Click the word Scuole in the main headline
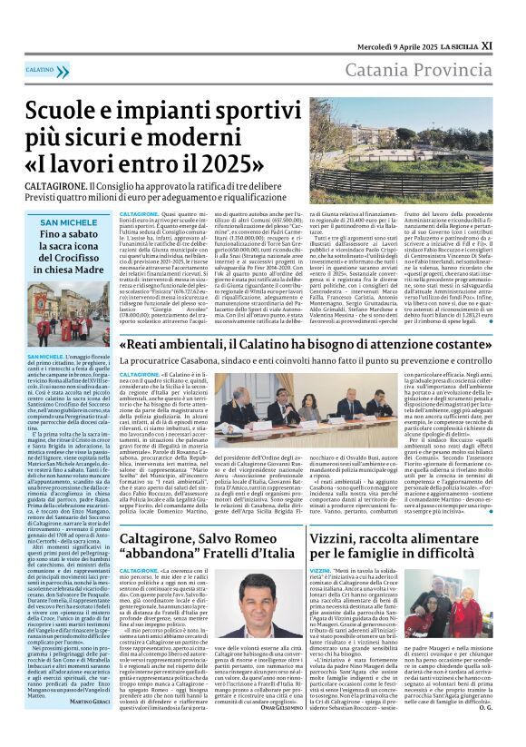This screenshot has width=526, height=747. [68, 112]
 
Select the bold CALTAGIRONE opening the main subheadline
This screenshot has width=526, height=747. [56, 185]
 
